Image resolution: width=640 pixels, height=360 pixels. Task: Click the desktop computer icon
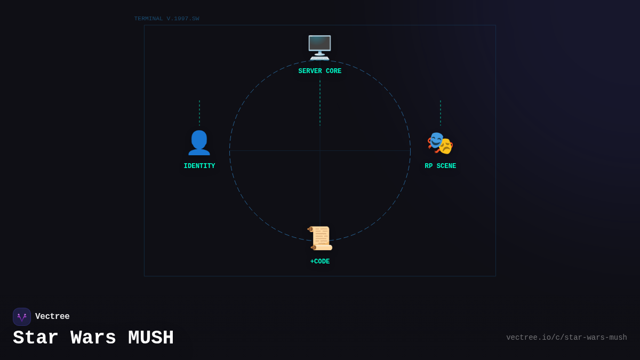tap(319, 47)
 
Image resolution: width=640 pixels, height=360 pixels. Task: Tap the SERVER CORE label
tap(319, 71)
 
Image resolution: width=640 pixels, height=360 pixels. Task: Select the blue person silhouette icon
tap(199, 143)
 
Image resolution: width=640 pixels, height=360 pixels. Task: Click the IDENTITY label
tap(199, 166)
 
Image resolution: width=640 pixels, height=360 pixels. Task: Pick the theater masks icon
tap(440, 143)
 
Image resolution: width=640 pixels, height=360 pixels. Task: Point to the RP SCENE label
tap(441, 166)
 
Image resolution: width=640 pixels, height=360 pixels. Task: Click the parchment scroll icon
tap(319, 238)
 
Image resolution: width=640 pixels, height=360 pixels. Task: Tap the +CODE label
tap(319, 261)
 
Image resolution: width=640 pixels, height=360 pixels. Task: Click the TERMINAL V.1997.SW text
tap(166, 19)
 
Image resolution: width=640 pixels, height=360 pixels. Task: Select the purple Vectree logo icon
tap(22, 317)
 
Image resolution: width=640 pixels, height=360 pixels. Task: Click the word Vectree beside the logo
tap(52, 316)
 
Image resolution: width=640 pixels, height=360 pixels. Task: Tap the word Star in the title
tap(36, 338)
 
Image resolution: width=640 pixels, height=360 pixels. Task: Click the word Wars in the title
tap(93, 338)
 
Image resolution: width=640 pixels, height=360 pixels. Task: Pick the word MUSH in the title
tap(151, 338)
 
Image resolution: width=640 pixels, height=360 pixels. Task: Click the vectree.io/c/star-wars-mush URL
tap(566, 338)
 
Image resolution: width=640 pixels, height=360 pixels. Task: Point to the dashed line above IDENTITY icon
tap(199, 113)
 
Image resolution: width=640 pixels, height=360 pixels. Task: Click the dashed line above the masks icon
tap(441, 113)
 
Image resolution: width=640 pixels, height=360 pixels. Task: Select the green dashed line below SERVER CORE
tap(320, 103)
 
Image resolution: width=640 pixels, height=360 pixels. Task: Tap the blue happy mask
tap(436, 140)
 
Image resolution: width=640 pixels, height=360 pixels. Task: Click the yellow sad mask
tap(446, 146)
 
